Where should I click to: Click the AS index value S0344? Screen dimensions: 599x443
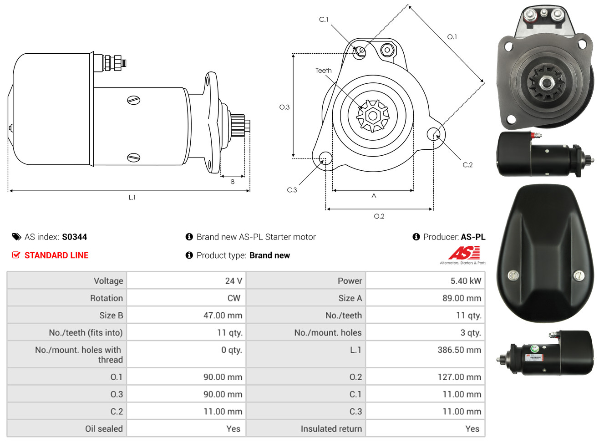click(74, 237)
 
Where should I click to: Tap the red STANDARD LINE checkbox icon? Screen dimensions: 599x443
click(16, 255)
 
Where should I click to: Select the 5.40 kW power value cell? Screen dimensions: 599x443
click(425, 280)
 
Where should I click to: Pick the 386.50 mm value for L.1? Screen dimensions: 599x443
click(459, 350)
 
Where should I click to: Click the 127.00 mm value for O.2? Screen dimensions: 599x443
click(459, 377)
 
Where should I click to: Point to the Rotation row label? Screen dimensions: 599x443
click(107, 298)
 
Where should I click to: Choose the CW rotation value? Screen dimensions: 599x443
click(234, 298)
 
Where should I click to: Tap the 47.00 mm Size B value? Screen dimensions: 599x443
click(223, 315)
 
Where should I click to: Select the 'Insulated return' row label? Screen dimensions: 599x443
click(331, 429)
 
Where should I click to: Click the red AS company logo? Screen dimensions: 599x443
click(464, 253)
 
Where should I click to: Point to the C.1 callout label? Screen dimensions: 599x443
click(324, 20)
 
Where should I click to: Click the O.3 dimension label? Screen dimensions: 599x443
click(284, 107)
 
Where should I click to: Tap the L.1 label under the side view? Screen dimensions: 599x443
click(132, 198)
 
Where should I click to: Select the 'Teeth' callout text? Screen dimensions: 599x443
click(323, 71)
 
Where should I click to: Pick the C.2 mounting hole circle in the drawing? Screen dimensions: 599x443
click(433, 134)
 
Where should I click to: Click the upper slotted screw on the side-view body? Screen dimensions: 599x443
click(133, 100)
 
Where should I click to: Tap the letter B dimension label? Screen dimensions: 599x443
click(233, 182)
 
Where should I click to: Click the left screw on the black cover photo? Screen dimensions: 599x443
click(513, 275)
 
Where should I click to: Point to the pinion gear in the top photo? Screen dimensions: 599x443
click(546, 83)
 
